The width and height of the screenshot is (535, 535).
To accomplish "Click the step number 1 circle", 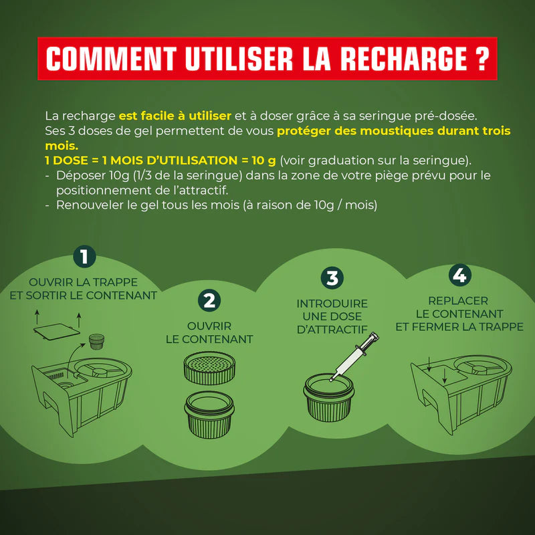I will click(x=84, y=257).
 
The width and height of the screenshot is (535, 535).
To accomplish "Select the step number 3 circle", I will click(x=332, y=278).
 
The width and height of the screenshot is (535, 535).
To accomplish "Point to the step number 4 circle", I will click(x=459, y=275).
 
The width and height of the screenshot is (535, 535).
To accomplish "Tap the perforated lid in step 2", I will click(x=209, y=368).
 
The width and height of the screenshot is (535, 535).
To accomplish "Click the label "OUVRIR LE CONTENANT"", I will click(x=209, y=332).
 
